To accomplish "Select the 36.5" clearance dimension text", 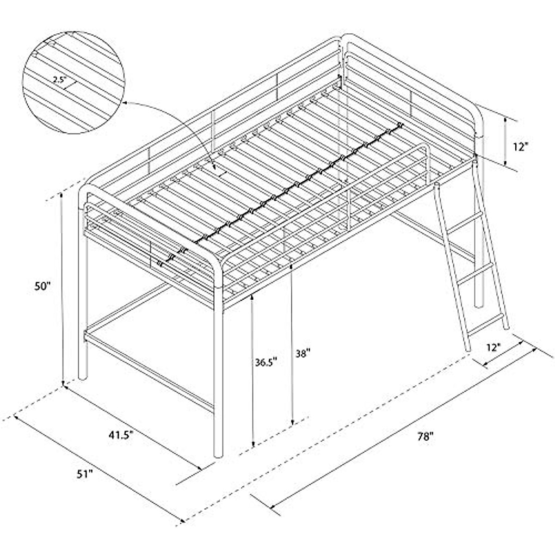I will pyautogui.click(x=265, y=362).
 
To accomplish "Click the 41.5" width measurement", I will pyautogui.click(x=121, y=435).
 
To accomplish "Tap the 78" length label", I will pyautogui.click(x=424, y=436).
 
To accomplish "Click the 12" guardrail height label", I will pyautogui.click(x=520, y=147).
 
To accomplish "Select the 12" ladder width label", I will pyautogui.click(x=493, y=346).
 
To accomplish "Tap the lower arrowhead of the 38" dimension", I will pyautogui.click(x=292, y=423).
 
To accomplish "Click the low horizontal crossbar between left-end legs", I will pyautogui.click(x=148, y=365).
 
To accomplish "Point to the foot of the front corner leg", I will pyautogui.click(x=219, y=454).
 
